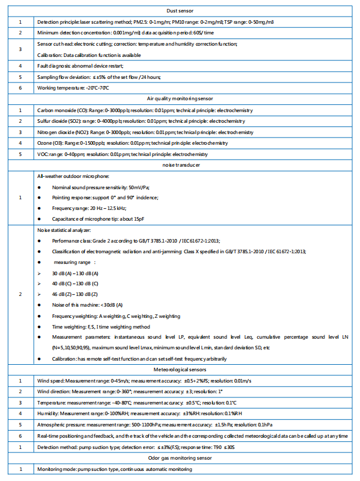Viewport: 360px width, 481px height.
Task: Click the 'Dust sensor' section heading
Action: pos(180,11)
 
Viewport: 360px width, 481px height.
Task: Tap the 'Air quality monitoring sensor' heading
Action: pos(180,99)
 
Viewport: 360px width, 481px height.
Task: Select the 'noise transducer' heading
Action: pos(180,165)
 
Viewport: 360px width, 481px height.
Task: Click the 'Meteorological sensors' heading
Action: pos(180,369)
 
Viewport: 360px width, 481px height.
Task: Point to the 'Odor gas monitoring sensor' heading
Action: pos(180,458)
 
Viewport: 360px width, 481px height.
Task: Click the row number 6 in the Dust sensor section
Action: pos(20,88)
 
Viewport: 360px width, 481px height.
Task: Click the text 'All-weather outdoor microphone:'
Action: pos(74,176)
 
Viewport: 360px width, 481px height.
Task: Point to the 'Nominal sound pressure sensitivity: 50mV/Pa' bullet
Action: pos(101,187)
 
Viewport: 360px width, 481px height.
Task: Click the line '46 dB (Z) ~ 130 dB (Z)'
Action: pos(75,294)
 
